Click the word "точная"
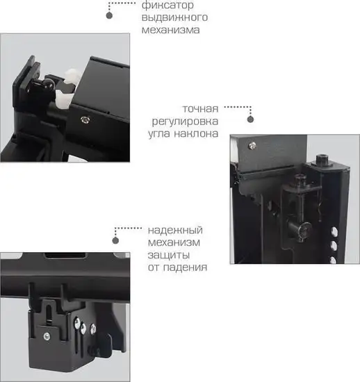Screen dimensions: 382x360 tap(201, 108)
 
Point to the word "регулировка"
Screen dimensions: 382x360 tap(185, 121)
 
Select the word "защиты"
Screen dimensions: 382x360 tap(167, 255)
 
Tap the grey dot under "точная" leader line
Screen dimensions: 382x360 tap(251, 119)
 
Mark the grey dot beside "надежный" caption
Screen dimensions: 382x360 tap(116, 240)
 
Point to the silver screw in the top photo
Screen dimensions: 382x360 tap(85, 121)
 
